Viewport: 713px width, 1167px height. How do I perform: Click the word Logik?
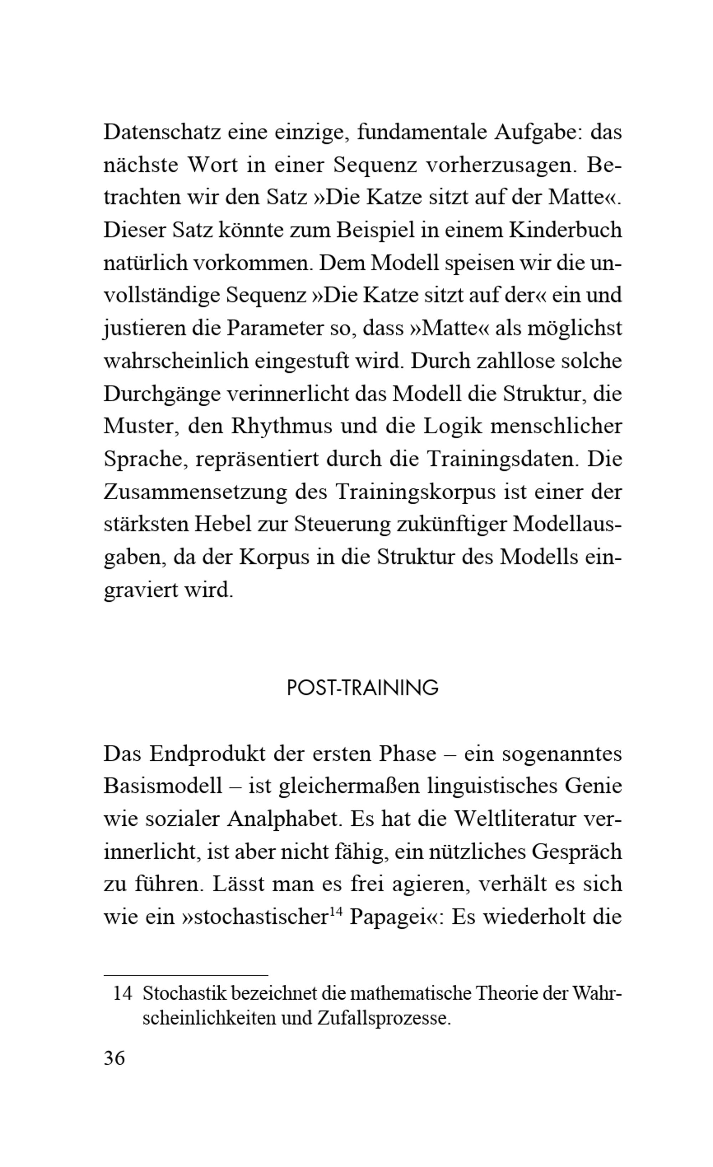tap(453, 426)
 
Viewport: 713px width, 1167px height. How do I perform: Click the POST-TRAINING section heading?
tap(363, 688)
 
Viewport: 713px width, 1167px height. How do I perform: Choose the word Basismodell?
tap(163, 786)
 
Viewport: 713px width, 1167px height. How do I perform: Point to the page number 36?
tap(114, 1058)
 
